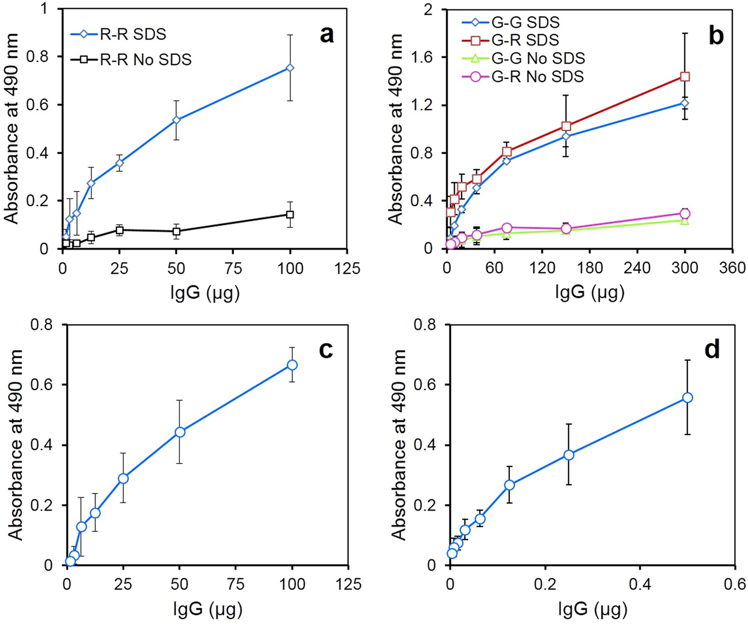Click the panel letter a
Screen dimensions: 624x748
tap(327, 35)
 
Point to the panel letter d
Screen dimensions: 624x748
tap(712, 350)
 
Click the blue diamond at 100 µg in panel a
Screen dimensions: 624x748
tap(290, 68)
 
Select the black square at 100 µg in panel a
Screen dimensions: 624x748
tap(290, 215)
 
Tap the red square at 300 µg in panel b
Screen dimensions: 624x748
tap(685, 76)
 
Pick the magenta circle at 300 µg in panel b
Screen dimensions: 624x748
tap(685, 214)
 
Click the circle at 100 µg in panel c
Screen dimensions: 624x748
tap(292, 365)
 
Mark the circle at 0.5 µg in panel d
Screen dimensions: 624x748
tap(687, 397)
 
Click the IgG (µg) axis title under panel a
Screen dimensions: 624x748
tap(205, 293)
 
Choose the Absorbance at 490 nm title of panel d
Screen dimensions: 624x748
tap(399, 444)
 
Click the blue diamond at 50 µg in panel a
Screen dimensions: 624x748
tap(176, 120)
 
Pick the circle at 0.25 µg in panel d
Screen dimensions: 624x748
tap(568, 455)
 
